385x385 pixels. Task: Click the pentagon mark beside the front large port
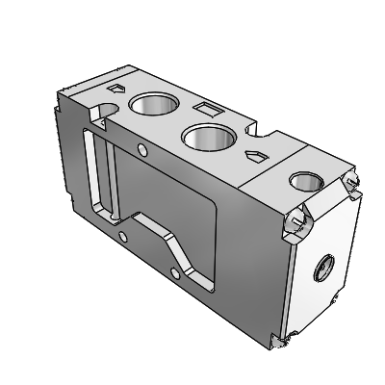click(254, 155)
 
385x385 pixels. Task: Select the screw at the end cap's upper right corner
click(352, 184)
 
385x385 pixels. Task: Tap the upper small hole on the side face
click(143, 149)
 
